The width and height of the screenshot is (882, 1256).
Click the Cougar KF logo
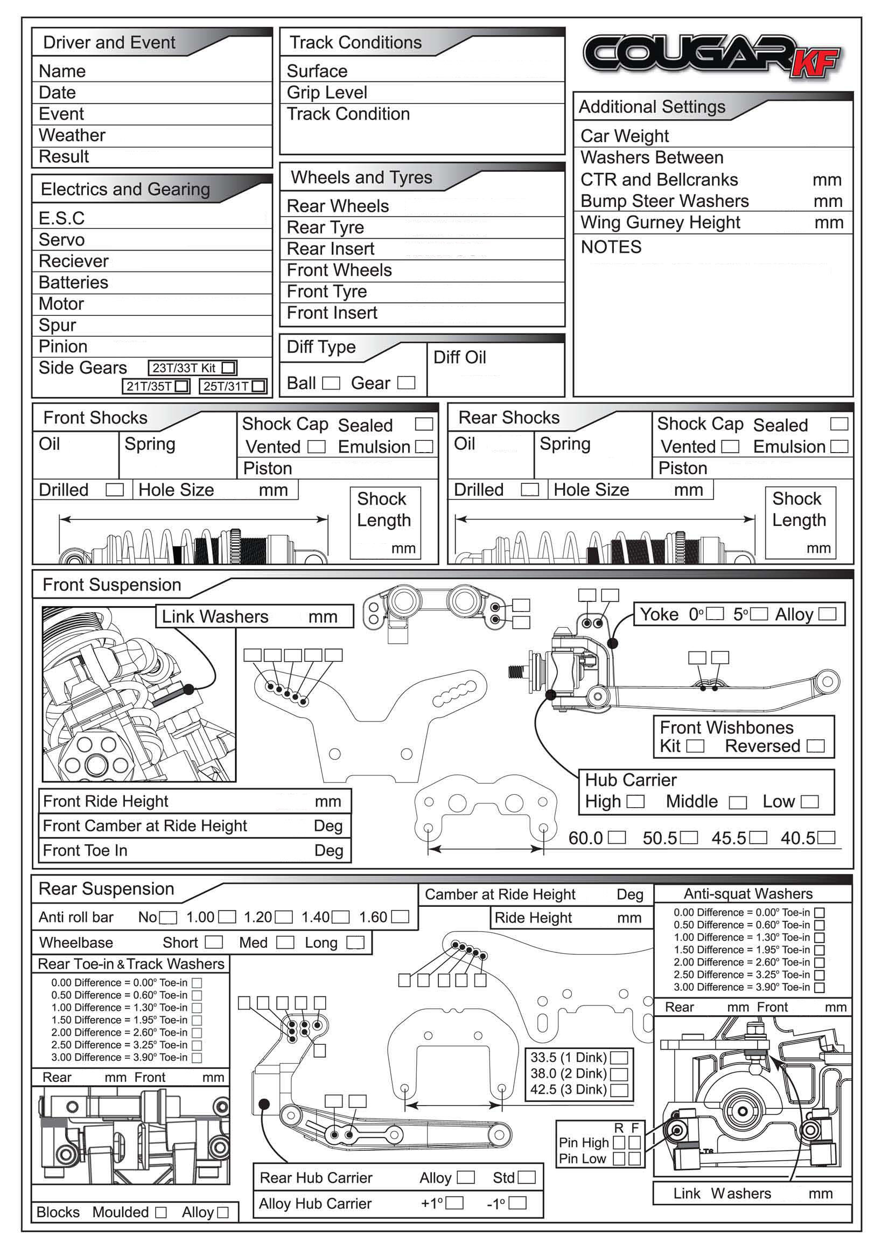711,54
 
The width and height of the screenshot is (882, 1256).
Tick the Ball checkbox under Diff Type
331,383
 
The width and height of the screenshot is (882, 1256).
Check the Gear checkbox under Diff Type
406,383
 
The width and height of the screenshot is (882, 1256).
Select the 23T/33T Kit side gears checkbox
228,367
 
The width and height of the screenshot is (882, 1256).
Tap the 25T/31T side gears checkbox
258,386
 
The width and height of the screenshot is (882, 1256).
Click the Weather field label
72,135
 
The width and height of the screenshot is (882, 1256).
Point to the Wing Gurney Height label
660,223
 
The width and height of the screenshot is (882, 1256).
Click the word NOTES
611,247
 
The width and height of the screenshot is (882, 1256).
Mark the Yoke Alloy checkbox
827,614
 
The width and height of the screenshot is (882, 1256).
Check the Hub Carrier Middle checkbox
738,802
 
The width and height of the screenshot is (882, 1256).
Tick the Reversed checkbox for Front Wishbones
815,746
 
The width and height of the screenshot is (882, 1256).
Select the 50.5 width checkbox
689,837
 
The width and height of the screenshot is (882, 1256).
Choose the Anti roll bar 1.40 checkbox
341,917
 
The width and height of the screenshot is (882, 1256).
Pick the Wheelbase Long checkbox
355,942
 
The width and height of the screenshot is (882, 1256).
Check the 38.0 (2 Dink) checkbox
619,1074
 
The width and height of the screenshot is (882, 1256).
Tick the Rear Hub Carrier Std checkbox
526,1177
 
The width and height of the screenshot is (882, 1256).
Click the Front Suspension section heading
111,585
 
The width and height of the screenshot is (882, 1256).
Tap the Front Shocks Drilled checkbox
114,489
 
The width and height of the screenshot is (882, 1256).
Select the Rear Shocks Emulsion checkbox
839,447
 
